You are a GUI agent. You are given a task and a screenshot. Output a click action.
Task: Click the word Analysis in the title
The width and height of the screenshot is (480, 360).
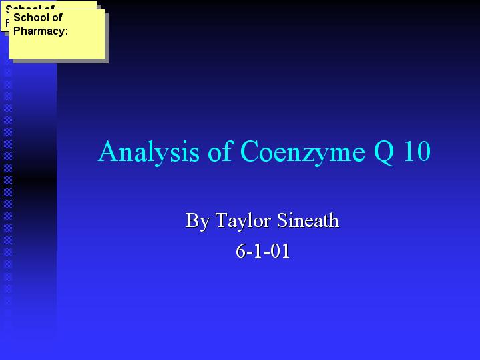[149, 152]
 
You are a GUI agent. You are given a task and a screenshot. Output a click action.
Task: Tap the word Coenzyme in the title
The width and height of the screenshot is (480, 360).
[302, 152]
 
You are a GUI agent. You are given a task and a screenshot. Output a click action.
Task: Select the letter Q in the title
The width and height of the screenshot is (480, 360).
[384, 152]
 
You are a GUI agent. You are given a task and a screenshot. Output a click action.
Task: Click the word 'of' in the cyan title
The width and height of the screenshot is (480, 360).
[220, 151]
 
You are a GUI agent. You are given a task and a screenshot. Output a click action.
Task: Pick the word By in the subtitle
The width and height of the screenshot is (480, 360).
[198, 220]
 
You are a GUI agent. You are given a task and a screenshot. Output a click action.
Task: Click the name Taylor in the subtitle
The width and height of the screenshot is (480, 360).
[244, 220]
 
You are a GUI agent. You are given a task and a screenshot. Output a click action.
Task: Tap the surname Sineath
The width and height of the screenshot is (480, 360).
[308, 220]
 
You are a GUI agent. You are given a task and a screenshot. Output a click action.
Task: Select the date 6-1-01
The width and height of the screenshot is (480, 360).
[262, 252]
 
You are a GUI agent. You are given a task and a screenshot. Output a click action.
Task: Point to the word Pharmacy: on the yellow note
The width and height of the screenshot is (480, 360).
[41, 31]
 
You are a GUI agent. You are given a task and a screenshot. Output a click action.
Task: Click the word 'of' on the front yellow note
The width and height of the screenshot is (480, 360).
[57, 18]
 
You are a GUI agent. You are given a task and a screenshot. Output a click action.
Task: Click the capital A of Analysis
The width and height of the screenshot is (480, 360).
[107, 151]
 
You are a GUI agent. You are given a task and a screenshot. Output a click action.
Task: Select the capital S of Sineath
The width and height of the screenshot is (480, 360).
[282, 220]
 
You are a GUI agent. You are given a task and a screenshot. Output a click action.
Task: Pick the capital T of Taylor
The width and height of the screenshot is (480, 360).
[222, 220]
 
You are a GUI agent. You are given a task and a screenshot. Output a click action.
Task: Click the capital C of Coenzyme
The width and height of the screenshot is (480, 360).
[250, 151]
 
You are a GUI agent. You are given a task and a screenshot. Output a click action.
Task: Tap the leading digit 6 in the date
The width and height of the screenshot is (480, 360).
[240, 252]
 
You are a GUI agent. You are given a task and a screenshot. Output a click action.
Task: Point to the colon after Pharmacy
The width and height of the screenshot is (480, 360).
[66, 32]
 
